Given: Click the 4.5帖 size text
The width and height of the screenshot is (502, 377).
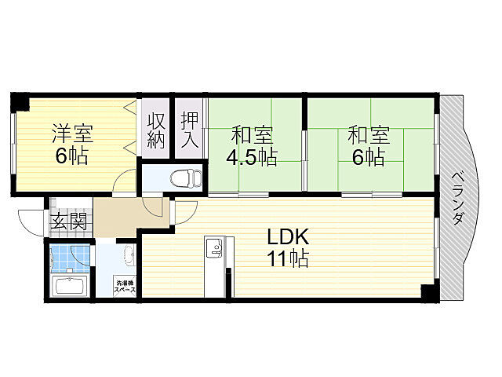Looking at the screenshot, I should click(x=251, y=157).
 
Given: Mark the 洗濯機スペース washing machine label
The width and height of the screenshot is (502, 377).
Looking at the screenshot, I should click(x=125, y=286).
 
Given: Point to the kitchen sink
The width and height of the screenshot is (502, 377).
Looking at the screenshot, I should click(x=213, y=248).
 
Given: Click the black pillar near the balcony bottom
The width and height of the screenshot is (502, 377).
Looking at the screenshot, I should click(x=428, y=292).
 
